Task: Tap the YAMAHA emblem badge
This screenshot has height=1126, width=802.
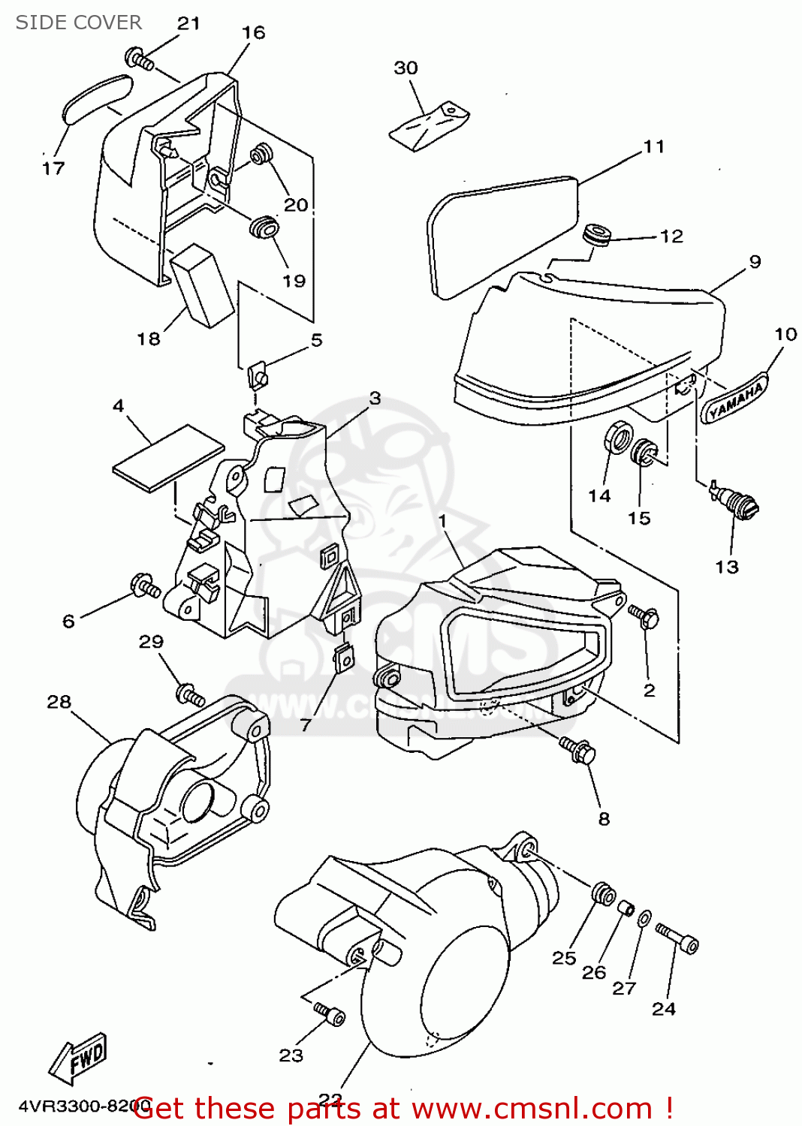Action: [x=736, y=398]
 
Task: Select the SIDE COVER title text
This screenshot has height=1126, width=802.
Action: [x=79, y=23]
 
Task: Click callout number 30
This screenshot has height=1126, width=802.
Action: [x=406, y=68]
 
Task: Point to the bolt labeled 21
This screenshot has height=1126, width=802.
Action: [x=140, y=59]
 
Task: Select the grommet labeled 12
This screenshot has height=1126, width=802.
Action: [x=598, y=233]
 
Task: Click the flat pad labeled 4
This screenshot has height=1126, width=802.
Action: [x=168, y=459]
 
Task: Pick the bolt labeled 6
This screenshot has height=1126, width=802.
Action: [x=145, y=586]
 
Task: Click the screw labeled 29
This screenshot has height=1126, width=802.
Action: [x=189, y=694]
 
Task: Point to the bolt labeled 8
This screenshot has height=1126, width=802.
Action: [x=577, y=750]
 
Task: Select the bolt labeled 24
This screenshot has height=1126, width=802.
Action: [x=677, y=938]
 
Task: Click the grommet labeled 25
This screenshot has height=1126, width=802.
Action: [x=603, y=894]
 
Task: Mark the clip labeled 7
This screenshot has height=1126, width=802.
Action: [x=345, y=658]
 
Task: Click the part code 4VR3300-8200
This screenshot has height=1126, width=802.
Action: [x=75, y=1106]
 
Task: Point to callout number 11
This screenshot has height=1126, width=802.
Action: [x=654, y=147]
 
